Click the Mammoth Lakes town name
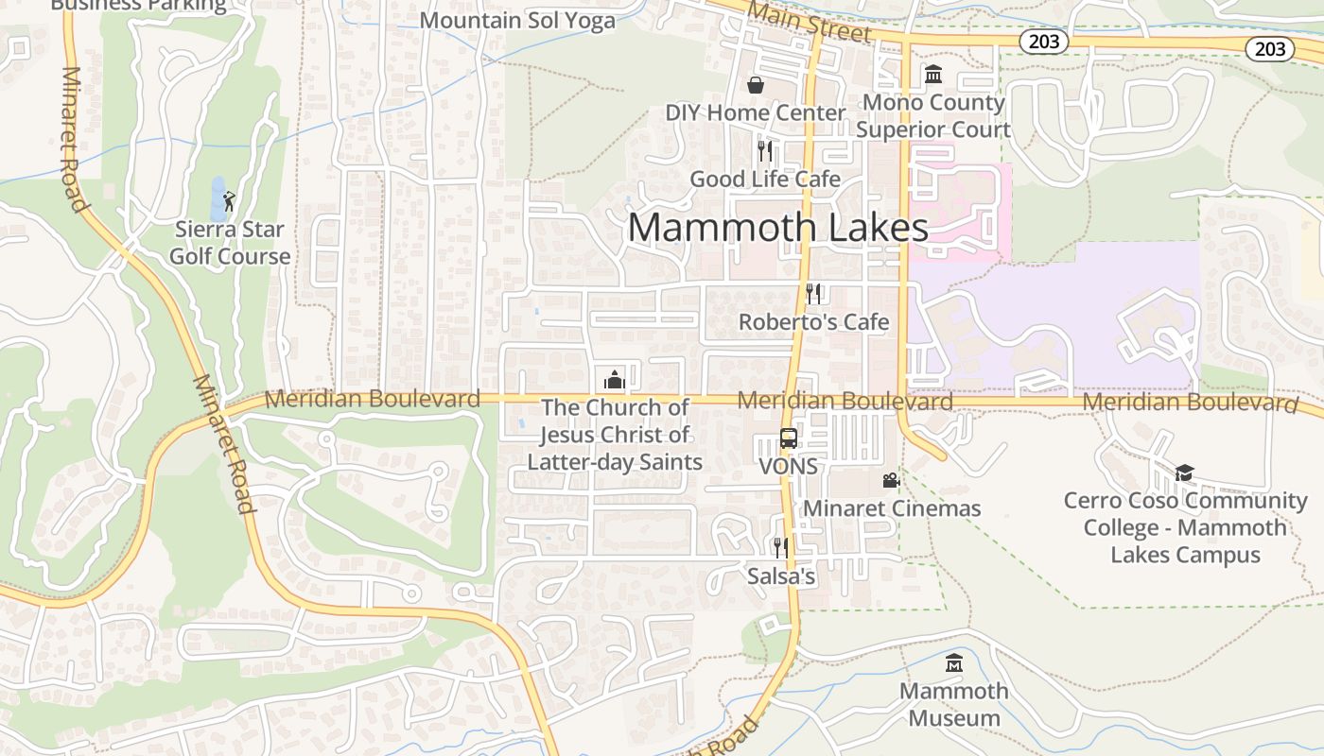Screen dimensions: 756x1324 tap(777, 228)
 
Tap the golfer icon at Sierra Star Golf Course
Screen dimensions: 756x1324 tap(229, 200)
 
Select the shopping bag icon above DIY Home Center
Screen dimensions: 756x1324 tap(756, 86)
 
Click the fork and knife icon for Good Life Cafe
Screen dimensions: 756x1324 tap(765, 150)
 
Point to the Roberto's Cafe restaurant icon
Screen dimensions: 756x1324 tap(813, 294)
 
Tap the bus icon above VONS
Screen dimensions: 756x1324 tap(788, 438)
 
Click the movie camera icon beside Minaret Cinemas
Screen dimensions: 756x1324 tap(891, 481)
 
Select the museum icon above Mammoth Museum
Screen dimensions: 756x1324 tap(953, 662)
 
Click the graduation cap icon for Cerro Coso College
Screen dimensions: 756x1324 tap(1184, 472)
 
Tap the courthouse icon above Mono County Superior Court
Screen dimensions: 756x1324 tap(933, 75)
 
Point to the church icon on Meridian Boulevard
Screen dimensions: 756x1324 tap(614, 380)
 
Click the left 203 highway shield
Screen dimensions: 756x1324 tap(1043, 42)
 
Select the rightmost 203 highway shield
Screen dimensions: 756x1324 tap(1269, 48)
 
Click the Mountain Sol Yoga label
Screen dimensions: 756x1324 tap(517, 20)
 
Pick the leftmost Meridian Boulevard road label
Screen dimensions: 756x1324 tap(372, 399)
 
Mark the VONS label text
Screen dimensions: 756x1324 tap(788, 467)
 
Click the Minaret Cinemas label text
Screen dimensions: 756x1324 tap(892, 508)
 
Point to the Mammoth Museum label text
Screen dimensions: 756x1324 tap(953, 704)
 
